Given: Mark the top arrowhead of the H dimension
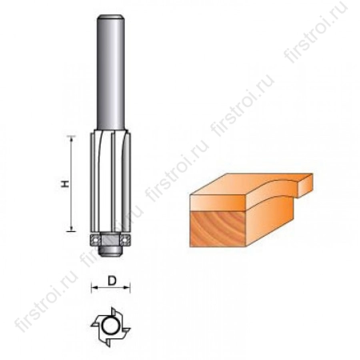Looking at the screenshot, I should pyautogui.click(x=77, y=139).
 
